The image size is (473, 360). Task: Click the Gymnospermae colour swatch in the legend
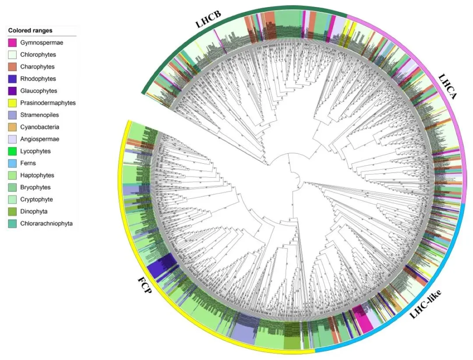[x=12, y=43]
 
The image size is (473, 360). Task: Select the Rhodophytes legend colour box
[x=12, y=79]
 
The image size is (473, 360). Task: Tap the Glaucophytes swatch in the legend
[x=12, y=91]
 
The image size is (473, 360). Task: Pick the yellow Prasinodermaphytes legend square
[x=12, y=103]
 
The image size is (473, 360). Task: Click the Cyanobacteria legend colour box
[x=12, y=127]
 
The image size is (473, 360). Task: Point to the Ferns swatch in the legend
[x=12, y=163]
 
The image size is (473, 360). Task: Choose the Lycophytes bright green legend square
[x=12, y=151]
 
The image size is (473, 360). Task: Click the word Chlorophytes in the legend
[x=38, y=55]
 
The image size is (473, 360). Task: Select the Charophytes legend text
[x=37, y=67]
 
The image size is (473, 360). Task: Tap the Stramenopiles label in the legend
[x=39, y=115]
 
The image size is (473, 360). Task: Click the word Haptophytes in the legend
[x=37, y=175]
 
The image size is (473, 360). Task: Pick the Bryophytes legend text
[x=35, y=187]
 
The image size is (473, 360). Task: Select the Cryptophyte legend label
[x=37, y=199]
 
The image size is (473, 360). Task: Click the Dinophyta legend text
[x=34, y=212]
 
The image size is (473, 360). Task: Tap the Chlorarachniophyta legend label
[x=46, y=223]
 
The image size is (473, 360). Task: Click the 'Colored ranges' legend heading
[x=30, y=31]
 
